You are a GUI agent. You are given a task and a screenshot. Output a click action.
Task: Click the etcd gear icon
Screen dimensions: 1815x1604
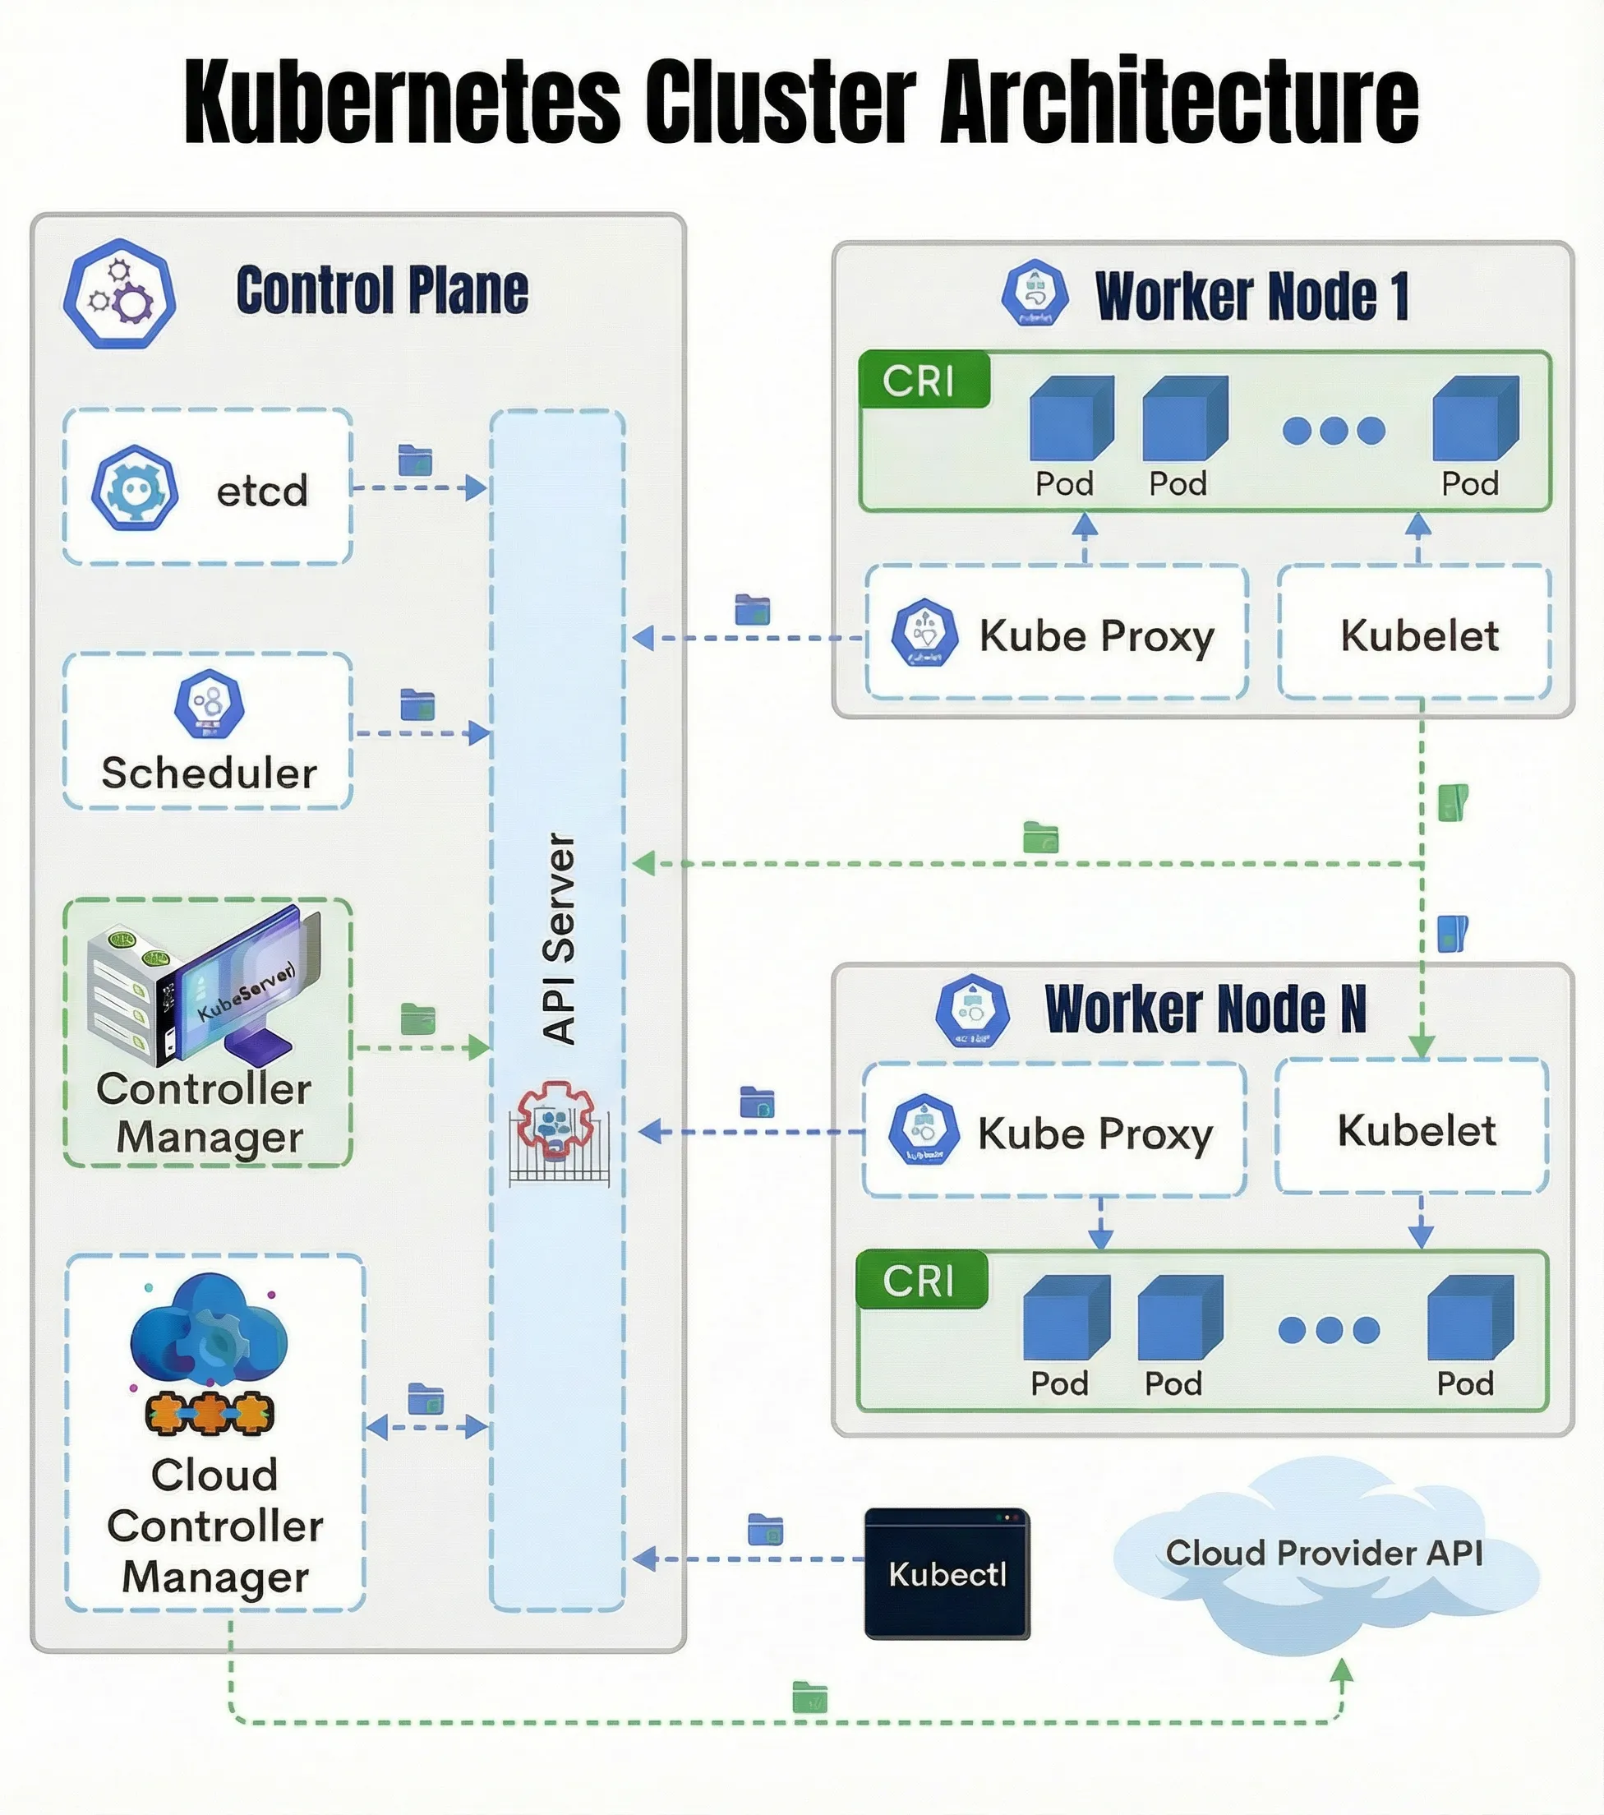(x=134, y=488)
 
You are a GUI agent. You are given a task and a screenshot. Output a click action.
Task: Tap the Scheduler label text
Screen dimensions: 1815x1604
(x=209, y=773)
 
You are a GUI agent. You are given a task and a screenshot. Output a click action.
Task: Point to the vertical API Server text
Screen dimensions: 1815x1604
(x=560, y=938)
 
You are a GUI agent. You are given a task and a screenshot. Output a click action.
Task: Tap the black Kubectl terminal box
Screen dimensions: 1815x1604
(x=947, y=1574)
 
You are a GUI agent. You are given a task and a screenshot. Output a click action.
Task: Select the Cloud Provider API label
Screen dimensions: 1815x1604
(x=1324, y=1553)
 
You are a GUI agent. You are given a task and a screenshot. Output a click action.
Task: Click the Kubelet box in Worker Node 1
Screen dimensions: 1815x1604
(x=1417, y=635)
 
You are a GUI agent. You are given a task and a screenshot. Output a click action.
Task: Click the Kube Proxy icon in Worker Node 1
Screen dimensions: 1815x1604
(x=925, y=633)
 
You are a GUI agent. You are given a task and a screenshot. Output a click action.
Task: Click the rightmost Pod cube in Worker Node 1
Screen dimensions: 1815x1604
(x=1474, y=418)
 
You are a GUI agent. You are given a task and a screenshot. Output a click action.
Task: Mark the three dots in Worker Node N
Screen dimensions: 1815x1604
(x=1328, y=1330)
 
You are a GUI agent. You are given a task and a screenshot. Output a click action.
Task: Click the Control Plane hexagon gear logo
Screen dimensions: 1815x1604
(x=119, y=294)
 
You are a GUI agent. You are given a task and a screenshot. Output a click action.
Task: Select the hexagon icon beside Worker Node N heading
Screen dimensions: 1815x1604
(x=973, y=1011)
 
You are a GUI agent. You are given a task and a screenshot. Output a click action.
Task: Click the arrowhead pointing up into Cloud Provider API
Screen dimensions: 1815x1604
(x=1341, y=1671)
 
